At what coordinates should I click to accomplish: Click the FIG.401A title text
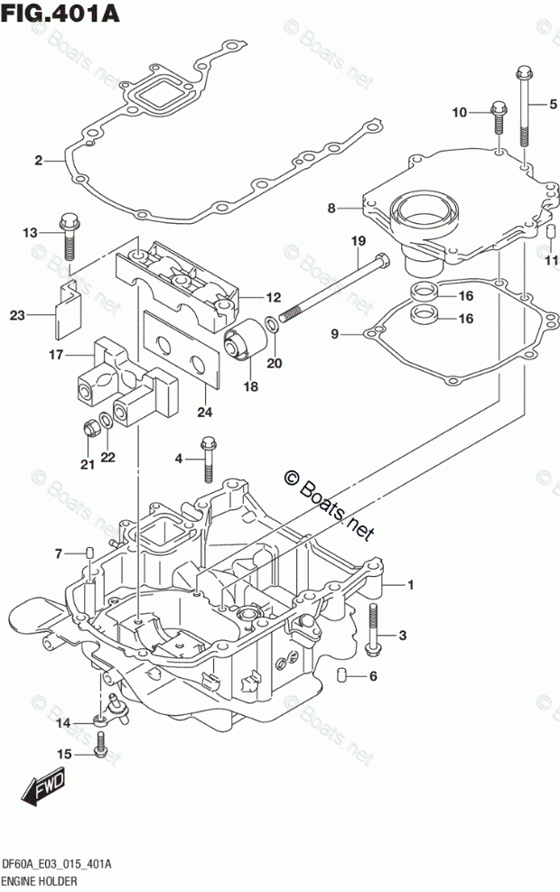(61, 13)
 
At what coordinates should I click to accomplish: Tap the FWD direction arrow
(42, 787)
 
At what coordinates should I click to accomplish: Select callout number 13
(30, 232)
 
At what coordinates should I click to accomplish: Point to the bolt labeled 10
(499, 118)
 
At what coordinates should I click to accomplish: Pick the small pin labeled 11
(550, 233)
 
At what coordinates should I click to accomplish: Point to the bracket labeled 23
(66, 307)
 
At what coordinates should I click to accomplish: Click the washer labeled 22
(106, 422)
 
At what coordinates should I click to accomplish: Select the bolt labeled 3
(373, 628)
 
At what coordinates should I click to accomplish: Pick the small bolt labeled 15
(101, 744)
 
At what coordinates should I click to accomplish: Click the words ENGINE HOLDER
(40, 882)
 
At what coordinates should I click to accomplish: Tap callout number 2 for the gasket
(38, 161)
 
